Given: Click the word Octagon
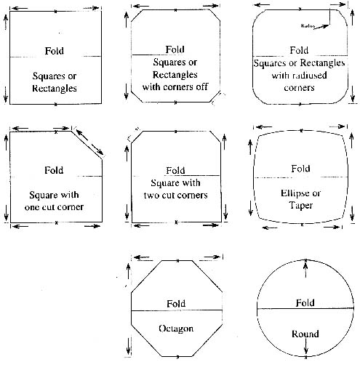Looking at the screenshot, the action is click(x=176, y=329).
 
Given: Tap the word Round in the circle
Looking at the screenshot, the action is click(x=305, y=334).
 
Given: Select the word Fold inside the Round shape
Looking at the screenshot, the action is click(x=305, y=302).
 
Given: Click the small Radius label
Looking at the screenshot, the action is click(x=308, y=25).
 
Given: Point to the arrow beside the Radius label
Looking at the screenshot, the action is click(x=321, y=27).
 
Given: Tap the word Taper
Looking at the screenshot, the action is click(x=301, y=206).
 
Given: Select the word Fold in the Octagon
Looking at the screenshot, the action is click(x=176, y=303).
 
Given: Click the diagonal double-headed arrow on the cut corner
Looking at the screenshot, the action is click(x=89, y=142).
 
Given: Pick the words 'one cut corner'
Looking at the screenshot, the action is click(x=54, y=207).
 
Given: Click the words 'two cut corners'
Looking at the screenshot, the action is click(x=175, y=195).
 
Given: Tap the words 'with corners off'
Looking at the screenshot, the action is click(x=175, y=87).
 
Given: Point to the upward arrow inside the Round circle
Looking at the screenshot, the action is click(x=305, y=270).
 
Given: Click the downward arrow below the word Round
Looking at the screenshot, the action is click(x=306, y=346).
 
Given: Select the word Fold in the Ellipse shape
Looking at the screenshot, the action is click(x=300, y=169).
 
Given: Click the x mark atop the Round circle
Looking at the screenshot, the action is click(x=306, y=260).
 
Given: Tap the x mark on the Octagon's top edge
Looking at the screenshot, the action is click(x=178, y=261).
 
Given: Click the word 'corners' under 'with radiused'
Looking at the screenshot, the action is click(x=299, y=87).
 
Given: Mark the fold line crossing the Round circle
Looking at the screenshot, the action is click(x=305, y=308).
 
